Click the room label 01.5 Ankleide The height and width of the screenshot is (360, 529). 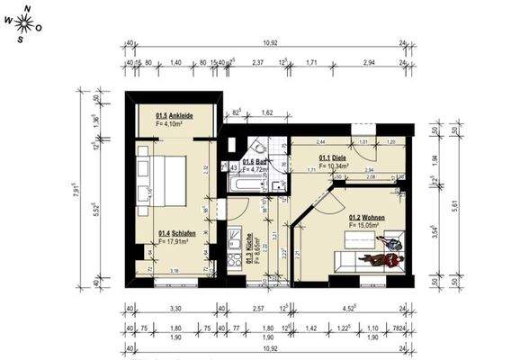click(x=175, y=116)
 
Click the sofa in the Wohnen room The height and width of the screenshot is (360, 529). click(x=369, y=261)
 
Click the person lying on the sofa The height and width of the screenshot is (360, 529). click(x=381, y=258)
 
